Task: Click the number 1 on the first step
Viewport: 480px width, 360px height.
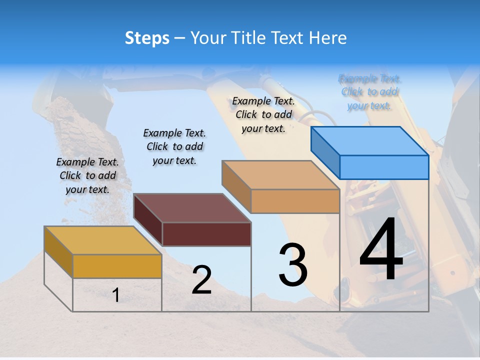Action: (116, 295)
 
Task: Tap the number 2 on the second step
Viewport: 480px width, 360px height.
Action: (201, 280)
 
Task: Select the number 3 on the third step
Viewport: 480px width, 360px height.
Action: (293, 265)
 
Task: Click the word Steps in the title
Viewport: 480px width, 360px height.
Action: (147, 38)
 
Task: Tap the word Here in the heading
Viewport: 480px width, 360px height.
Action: (327, 38)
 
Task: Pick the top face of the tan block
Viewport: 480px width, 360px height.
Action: (280, 175)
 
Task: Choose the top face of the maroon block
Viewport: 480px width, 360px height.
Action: (192, 208)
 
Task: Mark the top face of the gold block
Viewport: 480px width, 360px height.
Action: (103, 240)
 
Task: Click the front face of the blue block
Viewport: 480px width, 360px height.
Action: (384, 167)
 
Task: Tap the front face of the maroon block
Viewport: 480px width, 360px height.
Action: (206, 234)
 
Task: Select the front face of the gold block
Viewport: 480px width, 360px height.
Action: (117, 266)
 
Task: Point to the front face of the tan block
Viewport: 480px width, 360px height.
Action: (295, 201)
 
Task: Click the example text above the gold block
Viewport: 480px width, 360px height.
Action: (87, 176)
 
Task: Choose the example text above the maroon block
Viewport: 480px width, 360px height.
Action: (174, 146)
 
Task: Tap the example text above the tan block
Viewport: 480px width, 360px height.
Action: (263, 114)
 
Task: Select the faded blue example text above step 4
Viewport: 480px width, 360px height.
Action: (369, 92)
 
